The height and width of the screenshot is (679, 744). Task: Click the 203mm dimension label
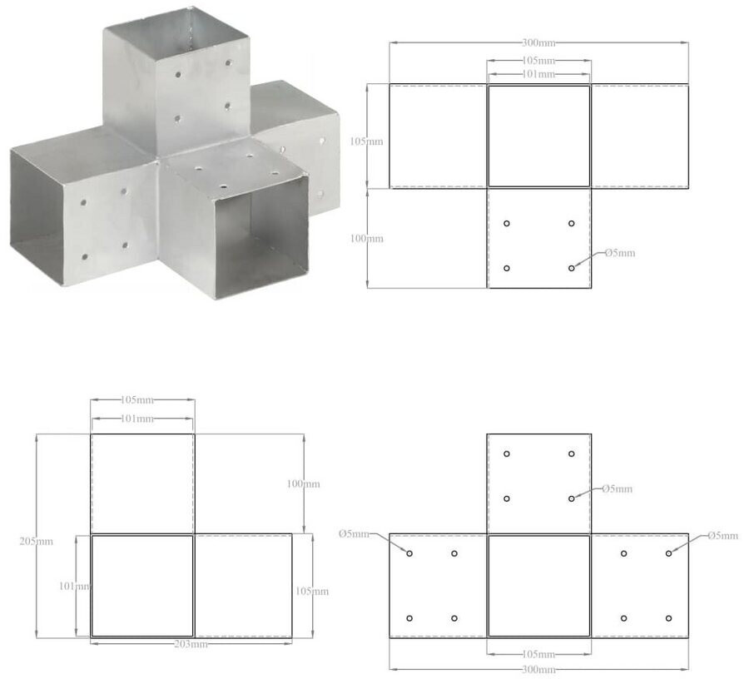pyautogui.click(x=191, y=644)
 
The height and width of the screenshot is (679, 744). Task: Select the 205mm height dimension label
pyautogui.click(x=36, y=542)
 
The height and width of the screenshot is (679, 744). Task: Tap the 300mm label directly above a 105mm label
pyautogui.click(x=538, y=42)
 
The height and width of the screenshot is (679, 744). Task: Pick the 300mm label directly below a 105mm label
pyautogui.click(x=538, y=670)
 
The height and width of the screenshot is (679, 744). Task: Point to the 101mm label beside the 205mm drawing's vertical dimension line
pyautogui.click(x=74, y=586)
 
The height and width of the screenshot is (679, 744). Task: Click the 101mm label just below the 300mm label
pyautogui.click(x=538, y=74)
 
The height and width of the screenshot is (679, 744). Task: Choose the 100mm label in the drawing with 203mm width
pyautogui.click(x=303, y=484)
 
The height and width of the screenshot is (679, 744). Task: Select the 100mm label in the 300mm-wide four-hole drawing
pyautogui.click(x=366, y=238)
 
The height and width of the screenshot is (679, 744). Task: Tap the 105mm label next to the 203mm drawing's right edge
pyautogui.click(x=312, y=592)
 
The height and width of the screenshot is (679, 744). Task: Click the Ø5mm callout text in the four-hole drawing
pyautogui.click(x=620, y=253)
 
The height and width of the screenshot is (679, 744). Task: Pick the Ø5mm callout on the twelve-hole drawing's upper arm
pyautogui.click(x=617, y=488)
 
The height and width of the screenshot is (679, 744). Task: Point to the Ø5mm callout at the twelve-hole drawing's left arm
pyautogui.click(x=354, y=534)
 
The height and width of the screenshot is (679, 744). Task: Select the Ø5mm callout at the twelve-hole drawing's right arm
pyautogui.click(x=722, y=536)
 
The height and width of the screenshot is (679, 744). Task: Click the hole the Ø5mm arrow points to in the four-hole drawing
pyautogui.click(x=571, y=268)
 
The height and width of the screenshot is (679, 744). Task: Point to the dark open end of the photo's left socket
pyautogui.click(x=36, y=209)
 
